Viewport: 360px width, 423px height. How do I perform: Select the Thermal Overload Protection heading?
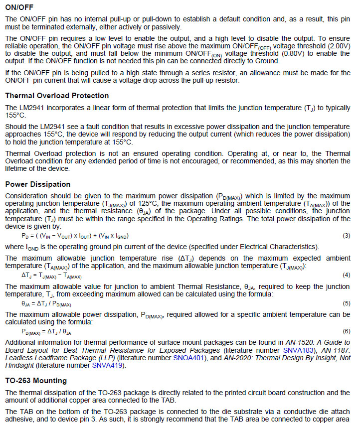(x=57, y=96)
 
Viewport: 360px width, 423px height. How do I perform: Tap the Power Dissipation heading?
(x=38, y=184)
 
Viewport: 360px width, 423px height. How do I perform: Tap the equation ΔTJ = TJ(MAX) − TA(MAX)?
(x=51, y=275)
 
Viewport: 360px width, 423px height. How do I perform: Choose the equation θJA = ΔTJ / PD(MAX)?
(x=46, y=303)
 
